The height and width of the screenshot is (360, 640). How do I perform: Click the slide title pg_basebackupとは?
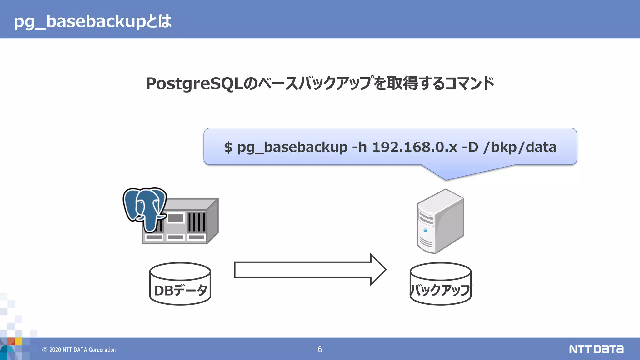[93, 21]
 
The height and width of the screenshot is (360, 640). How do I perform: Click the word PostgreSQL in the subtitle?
[194, 84]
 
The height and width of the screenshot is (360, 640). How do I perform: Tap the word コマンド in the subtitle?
[469, 83]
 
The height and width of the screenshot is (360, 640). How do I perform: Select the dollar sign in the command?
[228, 147]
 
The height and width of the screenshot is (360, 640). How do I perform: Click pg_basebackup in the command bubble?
[292, 147]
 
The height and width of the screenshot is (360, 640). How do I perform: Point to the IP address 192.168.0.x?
[415, 147]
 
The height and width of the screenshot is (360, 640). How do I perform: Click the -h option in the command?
[359, 147]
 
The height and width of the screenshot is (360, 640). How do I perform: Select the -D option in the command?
[470, 147]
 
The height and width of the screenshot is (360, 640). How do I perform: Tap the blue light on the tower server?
[425, 231]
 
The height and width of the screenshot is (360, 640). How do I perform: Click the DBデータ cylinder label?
[180, 290]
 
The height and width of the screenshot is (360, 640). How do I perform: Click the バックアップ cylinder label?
[440, 290]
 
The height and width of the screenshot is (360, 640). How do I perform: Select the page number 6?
[320, 349]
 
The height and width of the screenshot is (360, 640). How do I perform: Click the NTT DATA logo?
[596, 349]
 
